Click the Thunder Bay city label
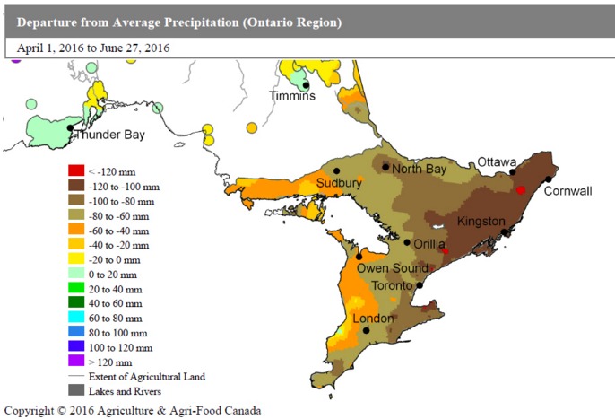point(109,136)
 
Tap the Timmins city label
point(293,96)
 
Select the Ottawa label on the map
point(497,161)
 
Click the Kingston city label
point(481,221)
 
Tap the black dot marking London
point(367,330)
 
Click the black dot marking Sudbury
point(337,170)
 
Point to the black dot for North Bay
point(385,167)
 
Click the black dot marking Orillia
point(407,242)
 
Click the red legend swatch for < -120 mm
point(76,170)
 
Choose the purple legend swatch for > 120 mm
point(76,361)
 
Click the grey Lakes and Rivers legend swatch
point(76,390)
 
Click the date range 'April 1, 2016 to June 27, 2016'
point(93,48)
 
